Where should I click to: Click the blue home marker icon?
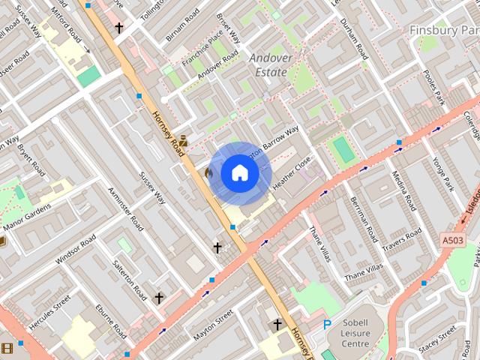239,173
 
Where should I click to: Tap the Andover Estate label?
268,65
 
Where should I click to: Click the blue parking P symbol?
326,325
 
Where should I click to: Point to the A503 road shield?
451,239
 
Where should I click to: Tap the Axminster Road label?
125,208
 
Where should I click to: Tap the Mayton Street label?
212,328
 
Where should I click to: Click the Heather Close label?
292,172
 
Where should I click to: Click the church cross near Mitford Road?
118,28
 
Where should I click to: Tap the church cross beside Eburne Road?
158,298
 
